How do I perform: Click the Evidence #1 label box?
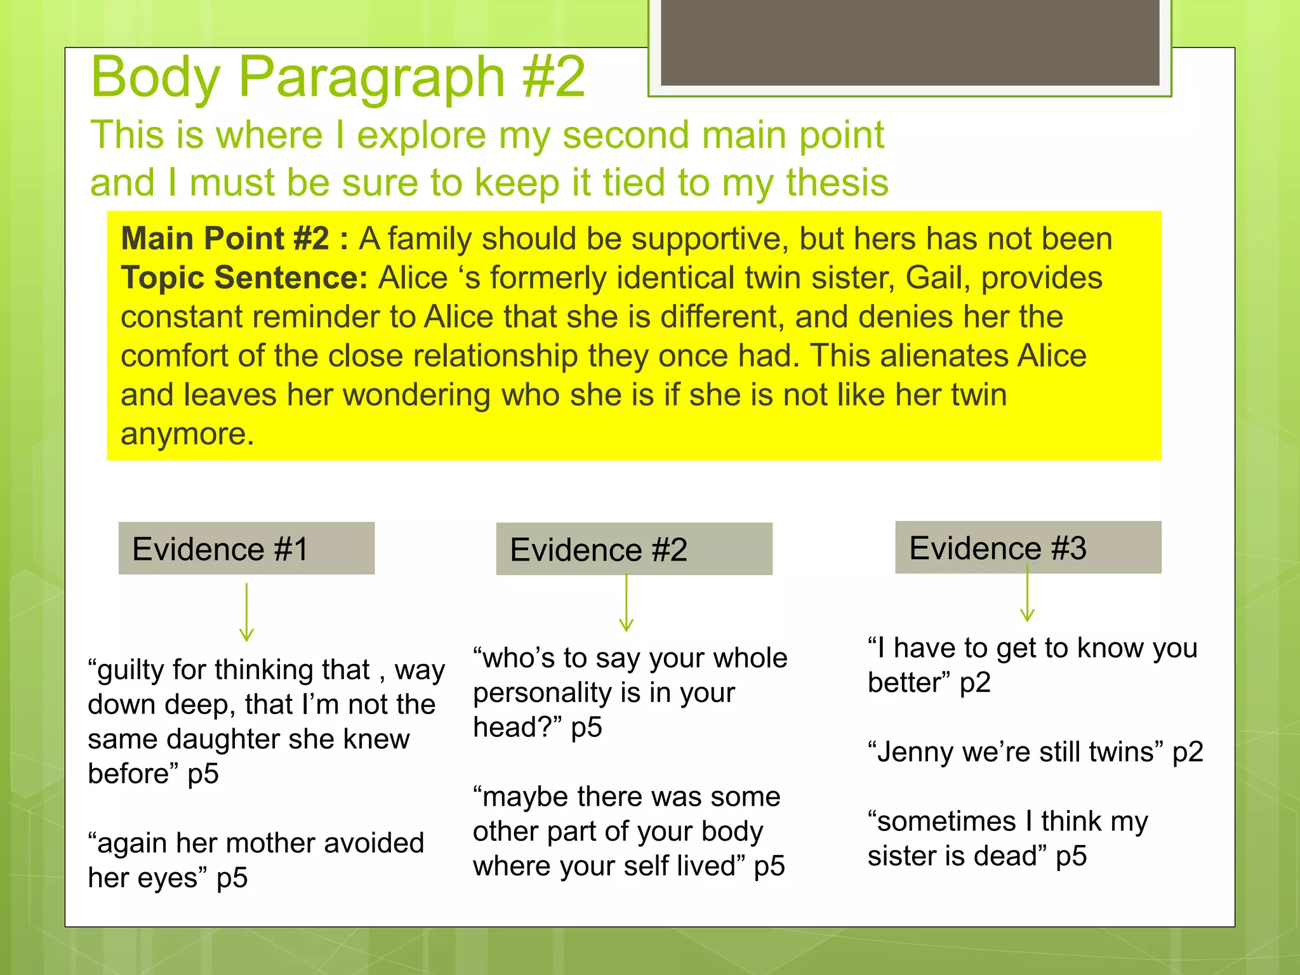[246, 548]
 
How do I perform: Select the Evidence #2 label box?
[633, 549]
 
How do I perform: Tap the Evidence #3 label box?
[1028, 547]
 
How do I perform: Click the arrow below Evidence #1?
[246, 613]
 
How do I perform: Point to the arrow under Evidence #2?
[627, 603]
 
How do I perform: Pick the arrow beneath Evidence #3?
[1027, 593]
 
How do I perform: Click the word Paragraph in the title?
[371, 77]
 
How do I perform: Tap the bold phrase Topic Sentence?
[244, 278]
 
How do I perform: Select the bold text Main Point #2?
[225, 239]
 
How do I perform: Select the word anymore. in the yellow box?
[187, 434]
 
